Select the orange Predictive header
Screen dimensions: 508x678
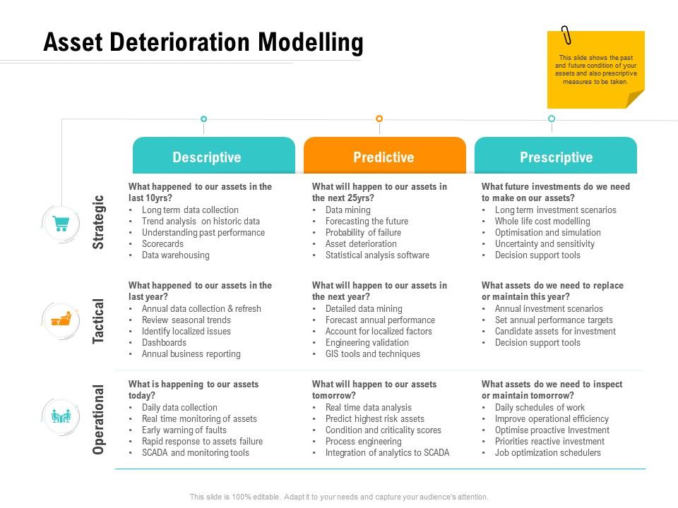(x=384, y=157)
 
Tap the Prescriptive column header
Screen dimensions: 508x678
(x=556, y=157)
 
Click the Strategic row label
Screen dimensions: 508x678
(x=99, y=222)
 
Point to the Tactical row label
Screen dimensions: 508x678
(x=99, y=321)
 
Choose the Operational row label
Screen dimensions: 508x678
(x=99, y=419)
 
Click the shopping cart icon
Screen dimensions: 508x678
(x=61, y=223)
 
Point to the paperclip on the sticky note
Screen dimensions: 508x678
(x=566, y=35)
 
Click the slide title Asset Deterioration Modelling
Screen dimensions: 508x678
(x=203, y=43)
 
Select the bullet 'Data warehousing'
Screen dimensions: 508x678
(x=175, y=255)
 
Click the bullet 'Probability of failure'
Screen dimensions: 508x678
(x=363, y=233)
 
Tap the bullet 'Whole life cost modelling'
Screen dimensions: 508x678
(x=542, y=222)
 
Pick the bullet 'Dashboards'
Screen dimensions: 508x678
(x=164, y=343)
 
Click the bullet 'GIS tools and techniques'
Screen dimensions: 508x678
(x=372, y=354)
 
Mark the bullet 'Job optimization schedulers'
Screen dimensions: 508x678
(x=547, y=453)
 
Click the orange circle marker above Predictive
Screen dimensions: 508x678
(x=379, y=119)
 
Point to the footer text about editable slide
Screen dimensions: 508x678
(x=339, y=497)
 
